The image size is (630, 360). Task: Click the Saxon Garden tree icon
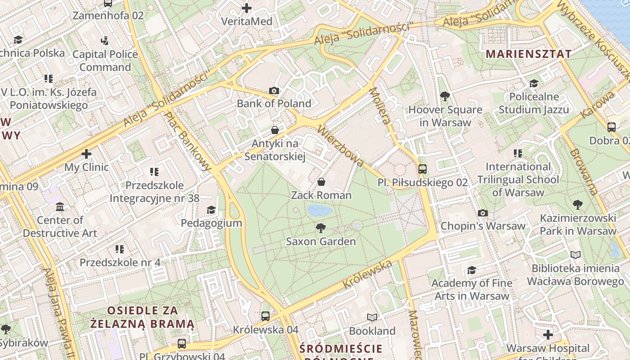click(321, 228)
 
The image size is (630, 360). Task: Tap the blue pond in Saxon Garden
click(320, 210)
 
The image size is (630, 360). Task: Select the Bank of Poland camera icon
click(274, 91)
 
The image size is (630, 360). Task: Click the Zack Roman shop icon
click(321, 182)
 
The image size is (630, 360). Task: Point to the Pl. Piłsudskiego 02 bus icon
click(422, 169)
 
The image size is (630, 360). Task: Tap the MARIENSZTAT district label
click(529, 54)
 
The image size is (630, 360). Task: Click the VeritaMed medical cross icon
click(247, 8)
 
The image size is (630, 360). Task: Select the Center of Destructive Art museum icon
click(60, 207)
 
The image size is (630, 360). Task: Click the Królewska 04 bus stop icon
click(265, 316)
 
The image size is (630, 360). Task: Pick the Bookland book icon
click(372, 318)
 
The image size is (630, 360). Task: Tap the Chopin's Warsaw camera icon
click(483, 213)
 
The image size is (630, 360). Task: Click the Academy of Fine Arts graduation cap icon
click(472, 270)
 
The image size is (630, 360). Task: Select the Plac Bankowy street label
click(188, 141)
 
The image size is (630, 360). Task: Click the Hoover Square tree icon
click(445, 96)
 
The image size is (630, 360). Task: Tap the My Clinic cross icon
click(86, 154)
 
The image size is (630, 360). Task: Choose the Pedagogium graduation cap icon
click(211, 210)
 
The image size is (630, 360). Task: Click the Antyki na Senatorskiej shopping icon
click(275, 130)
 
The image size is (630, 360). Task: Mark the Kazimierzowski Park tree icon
click(578, 205)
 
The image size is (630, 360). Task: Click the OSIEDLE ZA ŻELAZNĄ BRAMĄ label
click(142, 317)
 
